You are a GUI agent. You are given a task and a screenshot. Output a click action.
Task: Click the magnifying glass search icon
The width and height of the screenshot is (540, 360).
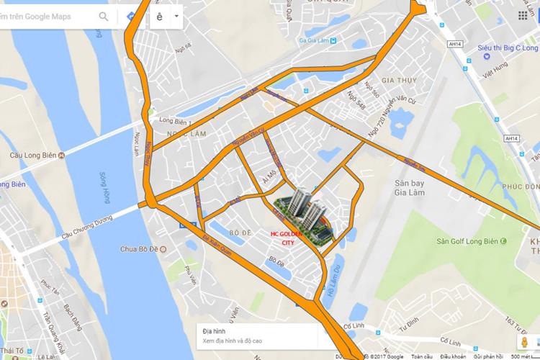click(104, 16)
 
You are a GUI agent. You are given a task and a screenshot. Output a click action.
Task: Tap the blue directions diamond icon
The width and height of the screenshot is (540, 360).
click(130, 16)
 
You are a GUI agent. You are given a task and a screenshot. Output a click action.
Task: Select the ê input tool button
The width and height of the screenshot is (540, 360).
click(159, 16)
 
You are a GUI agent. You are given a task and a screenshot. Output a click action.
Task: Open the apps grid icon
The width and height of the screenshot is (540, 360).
click(523, 16)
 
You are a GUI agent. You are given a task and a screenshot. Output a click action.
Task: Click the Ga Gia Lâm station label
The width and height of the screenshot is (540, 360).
click(313, 42)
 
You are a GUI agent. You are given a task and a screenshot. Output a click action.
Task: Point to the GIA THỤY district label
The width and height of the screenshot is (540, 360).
click(380, 81)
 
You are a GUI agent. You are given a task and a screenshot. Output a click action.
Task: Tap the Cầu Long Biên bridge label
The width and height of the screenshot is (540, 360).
click(29, 154)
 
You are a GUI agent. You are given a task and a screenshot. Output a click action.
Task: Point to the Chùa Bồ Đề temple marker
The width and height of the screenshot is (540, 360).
click(163, 249)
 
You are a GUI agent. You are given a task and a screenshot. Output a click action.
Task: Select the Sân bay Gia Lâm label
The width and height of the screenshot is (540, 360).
click(409, 187)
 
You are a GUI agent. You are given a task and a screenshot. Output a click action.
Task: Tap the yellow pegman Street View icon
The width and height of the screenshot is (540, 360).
click(524, 340)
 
